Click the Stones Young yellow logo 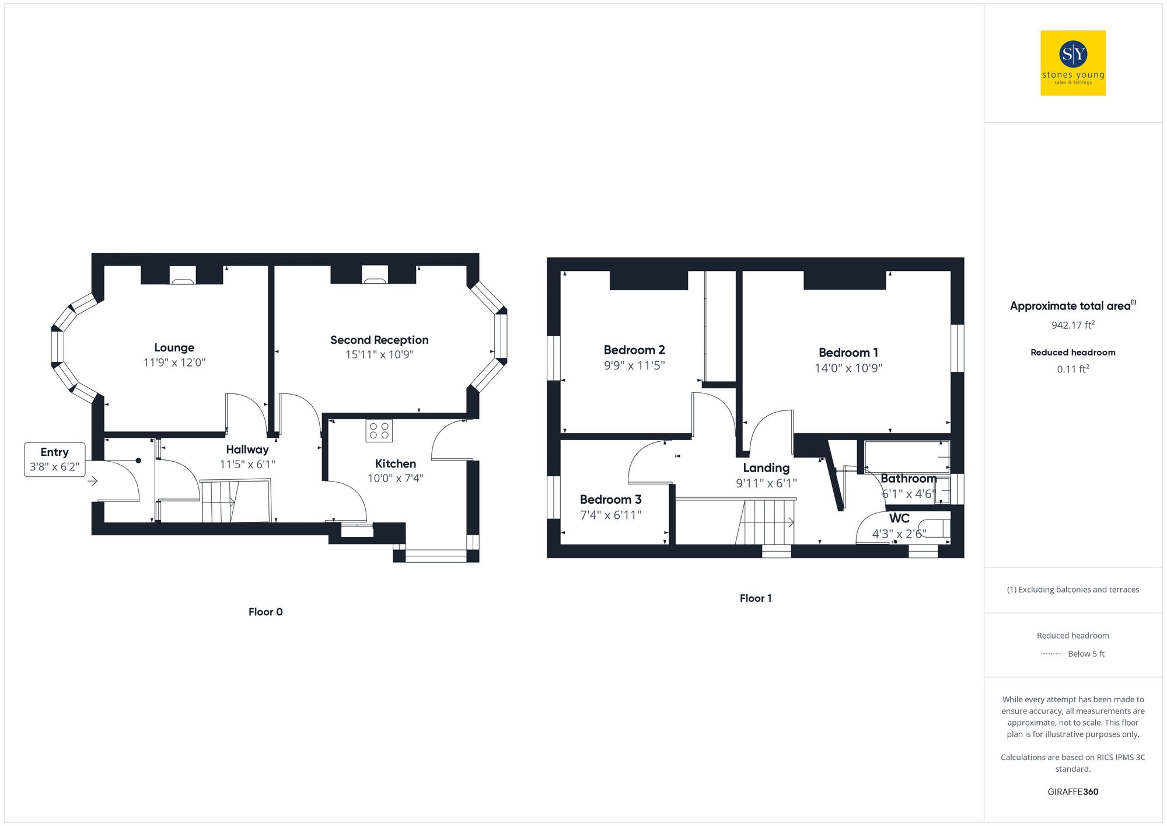(x=1072, y=63)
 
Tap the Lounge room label (x=174, y=348)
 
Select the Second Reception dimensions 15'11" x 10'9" (x=379, y=355)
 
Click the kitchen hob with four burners (x=379, y=431)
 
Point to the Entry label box (x=54, y=459)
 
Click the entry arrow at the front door (x=93, y=481)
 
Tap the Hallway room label (x=247, y=449)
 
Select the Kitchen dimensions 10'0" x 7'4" (x=395, y=479)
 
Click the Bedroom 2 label (x=634, y=350)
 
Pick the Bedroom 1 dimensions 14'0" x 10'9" (x=848, y=368)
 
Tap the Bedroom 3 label (x=610, y=500)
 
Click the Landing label (x=766, y=468)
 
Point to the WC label (x=899, y=518)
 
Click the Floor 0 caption (x=265, y=612)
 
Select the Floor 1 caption (x=756, y=598)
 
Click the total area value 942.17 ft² (x=1072, y=325)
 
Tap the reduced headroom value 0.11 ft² (x=1072, y=369)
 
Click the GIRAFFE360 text (x=1072, y=792)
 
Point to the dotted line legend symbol (x=1051, y=654)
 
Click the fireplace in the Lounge (x=183, y=276)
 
